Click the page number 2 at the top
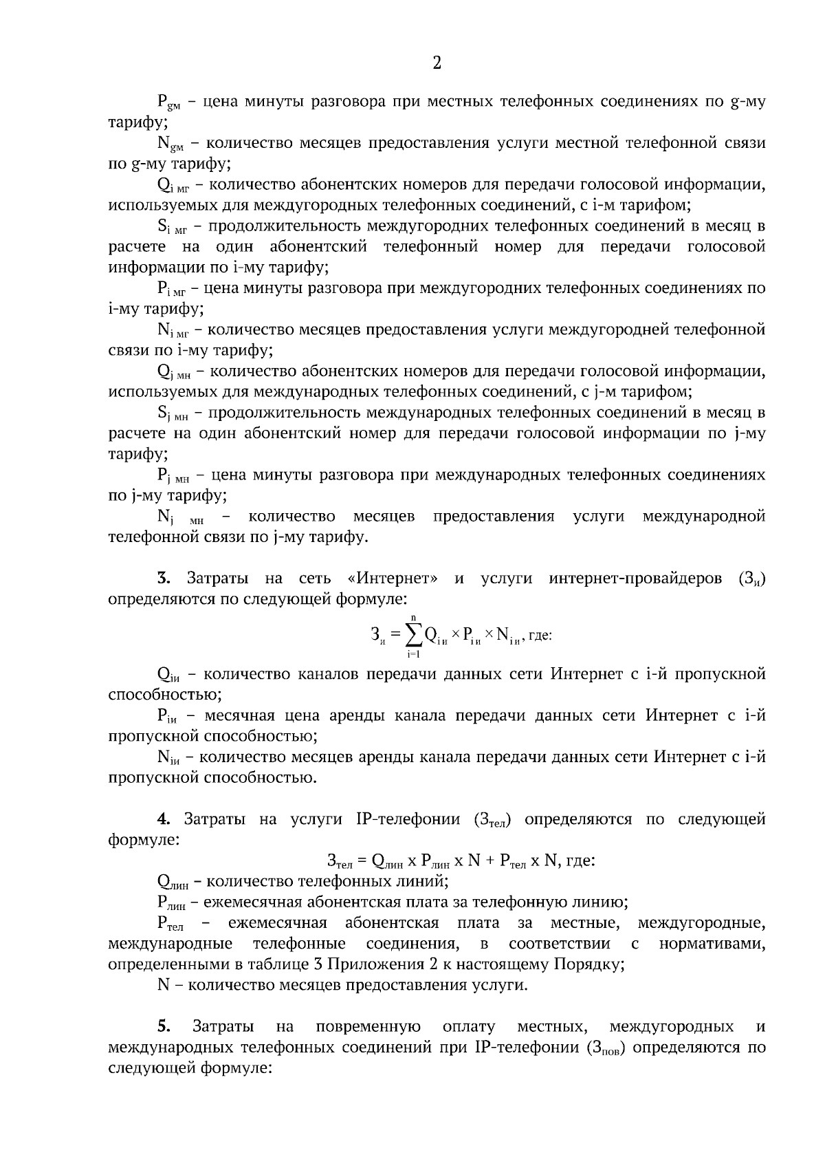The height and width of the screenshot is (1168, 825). pos(437,63)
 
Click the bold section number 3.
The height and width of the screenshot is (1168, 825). pos(163,578)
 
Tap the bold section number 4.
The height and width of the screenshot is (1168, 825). pos(163,819)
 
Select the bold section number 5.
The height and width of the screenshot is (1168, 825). pos(164,1026)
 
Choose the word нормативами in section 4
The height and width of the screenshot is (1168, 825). pos(712,943)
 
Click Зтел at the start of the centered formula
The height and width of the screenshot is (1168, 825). pos(340,861)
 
